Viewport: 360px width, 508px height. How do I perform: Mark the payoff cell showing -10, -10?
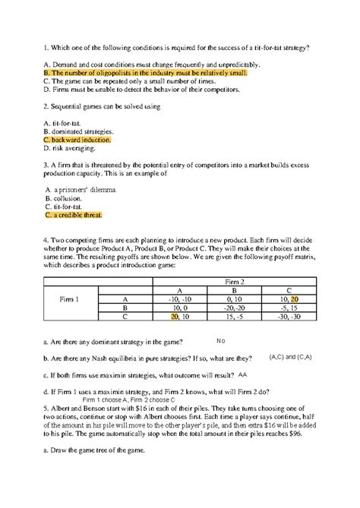coord(179,300)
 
